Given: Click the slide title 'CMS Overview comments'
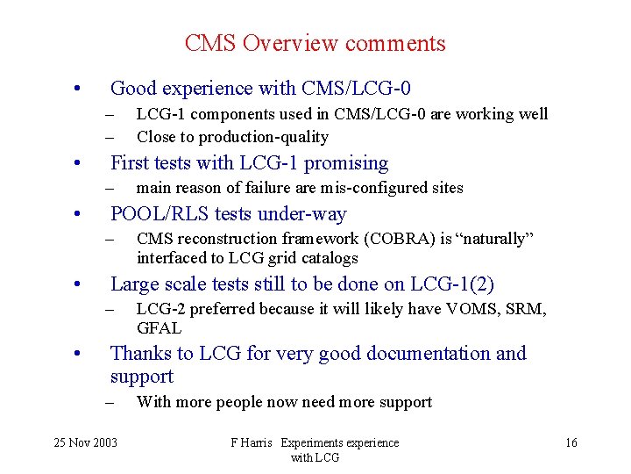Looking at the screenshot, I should [x=315, y=43].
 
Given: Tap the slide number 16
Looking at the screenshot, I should [x=571, y=442].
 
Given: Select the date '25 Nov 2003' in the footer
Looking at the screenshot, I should [x=84, y=442].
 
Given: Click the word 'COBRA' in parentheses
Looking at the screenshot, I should [x=385, y=240].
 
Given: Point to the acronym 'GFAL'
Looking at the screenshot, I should [x=159, y=328].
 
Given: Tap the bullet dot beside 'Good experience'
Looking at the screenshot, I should [x=78, y=89].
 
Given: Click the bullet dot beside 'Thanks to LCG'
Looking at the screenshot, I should [x=78, y=355].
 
